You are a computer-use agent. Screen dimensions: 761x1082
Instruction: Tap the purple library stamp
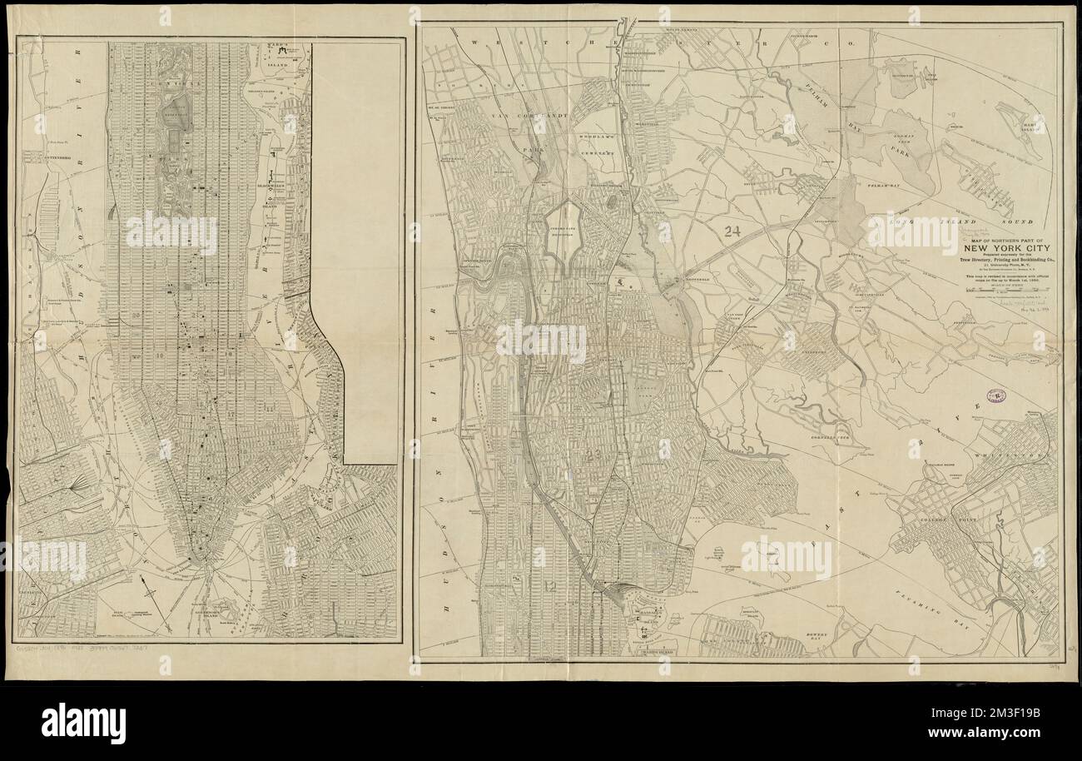click(994, 398)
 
